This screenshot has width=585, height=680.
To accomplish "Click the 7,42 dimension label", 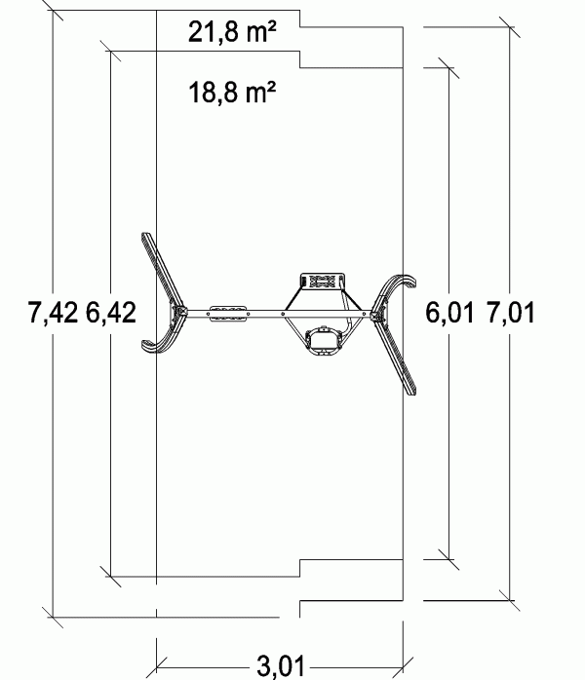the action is coord(53,313).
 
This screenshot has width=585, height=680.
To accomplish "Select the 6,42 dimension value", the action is coord(111,313).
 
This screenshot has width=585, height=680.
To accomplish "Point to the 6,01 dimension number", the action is coord(449,313).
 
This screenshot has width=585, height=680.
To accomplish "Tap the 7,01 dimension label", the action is coord(510,313).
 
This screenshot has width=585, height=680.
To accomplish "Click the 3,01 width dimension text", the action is coord(281,665).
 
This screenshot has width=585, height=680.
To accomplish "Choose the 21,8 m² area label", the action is coord(232,32).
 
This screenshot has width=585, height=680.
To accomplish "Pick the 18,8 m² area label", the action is coord(232,92).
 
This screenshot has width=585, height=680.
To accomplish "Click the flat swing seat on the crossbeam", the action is coord(229,314).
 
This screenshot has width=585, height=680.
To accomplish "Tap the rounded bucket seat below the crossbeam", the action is coord(323,341).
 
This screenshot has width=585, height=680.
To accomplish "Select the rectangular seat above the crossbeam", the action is coord(323,282).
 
